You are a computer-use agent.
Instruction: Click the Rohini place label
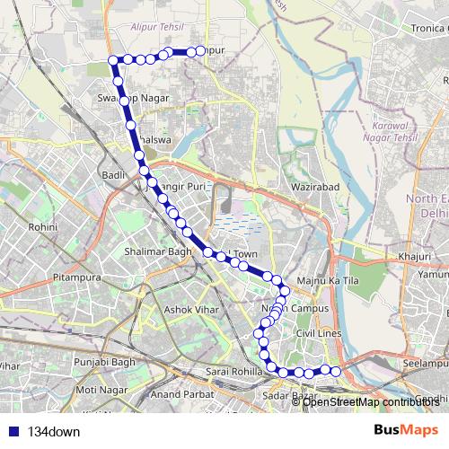(x=42, y=228)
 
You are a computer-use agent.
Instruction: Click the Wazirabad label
(x=311, y=187)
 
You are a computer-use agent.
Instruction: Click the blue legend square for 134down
(x=13, y=431)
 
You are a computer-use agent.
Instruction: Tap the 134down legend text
(x=54, y=431)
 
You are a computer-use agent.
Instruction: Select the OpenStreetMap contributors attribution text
(x=370, y=401)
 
